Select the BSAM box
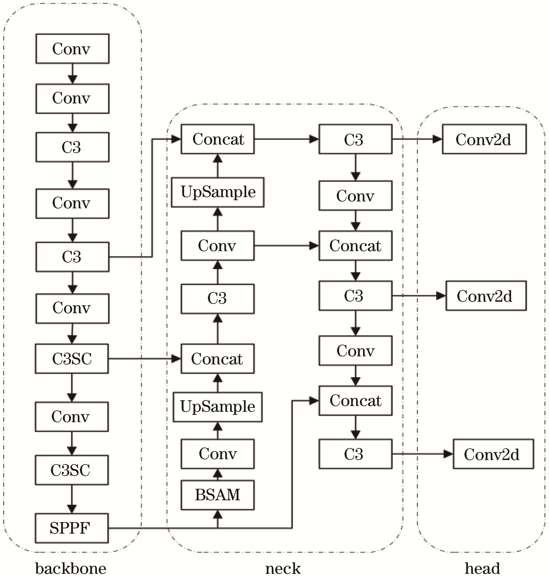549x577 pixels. tap(218, 495)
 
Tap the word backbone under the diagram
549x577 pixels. tap(71, 568)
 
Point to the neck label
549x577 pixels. tap(283, 568)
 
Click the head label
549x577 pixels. tap(482, 568)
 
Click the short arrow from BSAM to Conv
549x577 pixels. tap(218, 474)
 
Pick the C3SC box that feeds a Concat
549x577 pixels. tap(72, 358)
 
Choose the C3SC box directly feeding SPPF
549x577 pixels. tap(72, 470)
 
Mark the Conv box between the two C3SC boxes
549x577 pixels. tap(72, 416)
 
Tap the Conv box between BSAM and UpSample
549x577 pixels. tap(218, 454)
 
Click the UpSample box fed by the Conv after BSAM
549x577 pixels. tap(218, 407)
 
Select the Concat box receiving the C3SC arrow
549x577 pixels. tap(218, 358)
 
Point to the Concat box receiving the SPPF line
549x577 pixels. tap(355, 401)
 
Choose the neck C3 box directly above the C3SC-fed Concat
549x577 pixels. tap(218, 298)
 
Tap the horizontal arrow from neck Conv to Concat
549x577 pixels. tap(286, 246)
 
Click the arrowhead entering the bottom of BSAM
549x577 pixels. tap(218, 515)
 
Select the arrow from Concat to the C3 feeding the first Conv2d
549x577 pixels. tap(286, 139)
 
